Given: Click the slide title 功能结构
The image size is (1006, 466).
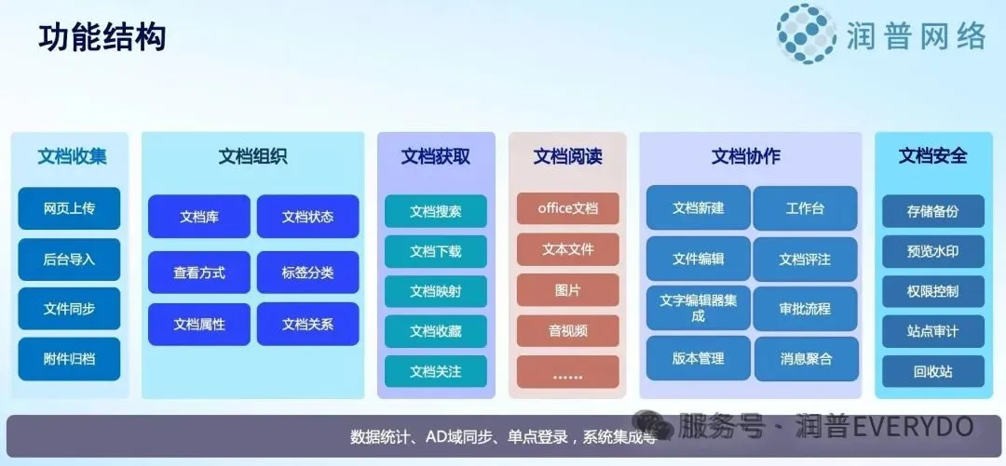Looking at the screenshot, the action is pos(102,37).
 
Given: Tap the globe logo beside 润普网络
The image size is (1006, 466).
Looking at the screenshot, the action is pos(807,34).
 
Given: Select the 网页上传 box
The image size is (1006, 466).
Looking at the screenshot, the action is pos(69,208).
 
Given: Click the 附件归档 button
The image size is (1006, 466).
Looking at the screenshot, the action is pos(69,359).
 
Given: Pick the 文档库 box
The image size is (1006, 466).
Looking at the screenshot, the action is pos(199,217).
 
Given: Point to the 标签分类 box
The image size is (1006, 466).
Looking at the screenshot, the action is pos(308,273).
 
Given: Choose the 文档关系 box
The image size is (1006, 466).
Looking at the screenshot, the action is pos(308,325).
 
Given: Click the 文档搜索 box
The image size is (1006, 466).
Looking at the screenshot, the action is pos(436,211).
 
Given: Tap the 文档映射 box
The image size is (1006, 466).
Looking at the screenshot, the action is pos(436,292).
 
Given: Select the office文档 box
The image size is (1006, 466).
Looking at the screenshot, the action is pos(568,208).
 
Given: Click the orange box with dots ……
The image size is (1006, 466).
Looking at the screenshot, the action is pos(568,372).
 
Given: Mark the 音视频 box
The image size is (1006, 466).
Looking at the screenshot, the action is pos(568,331).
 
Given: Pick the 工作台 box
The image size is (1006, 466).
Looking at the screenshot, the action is pos(805,208).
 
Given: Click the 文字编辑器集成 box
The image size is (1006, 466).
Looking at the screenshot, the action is pos(698,308).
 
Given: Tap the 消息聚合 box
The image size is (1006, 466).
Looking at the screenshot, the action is pos(805,359).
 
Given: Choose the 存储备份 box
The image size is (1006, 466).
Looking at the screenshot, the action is pos(932,211).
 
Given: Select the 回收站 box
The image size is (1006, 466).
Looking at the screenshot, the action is pos(932,371).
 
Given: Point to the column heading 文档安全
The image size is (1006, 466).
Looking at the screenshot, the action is pos(932,156).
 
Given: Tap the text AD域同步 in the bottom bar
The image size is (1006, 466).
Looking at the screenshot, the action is pos(461,437).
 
